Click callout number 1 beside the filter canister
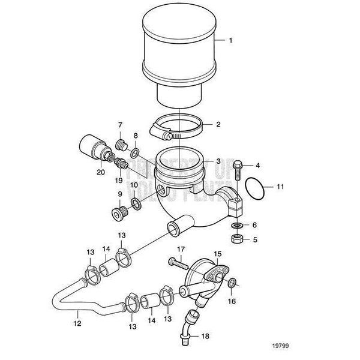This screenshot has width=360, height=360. point(235,42)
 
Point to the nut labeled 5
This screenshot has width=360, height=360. point(238,239)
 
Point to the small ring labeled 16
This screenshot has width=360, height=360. point(233,283)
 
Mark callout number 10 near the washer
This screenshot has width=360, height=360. point(134,184)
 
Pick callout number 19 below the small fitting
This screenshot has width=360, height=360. point(118,179)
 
